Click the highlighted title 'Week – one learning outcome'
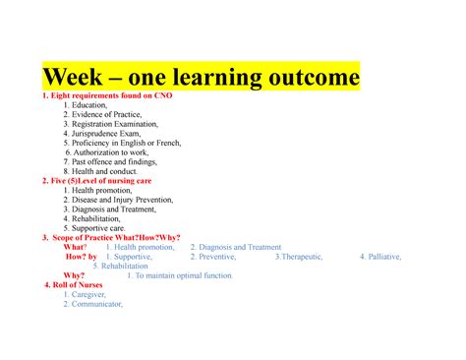pyautogui.click(x=201, y=77)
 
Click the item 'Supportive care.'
pyautogui.click(x=99, y=228)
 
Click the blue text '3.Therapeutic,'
pyautogui.click(x=304, y=257)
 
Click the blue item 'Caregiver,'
pyautogui.click(x=84, y=295)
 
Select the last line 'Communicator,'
pyautogui.click(x=92, y=304)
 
